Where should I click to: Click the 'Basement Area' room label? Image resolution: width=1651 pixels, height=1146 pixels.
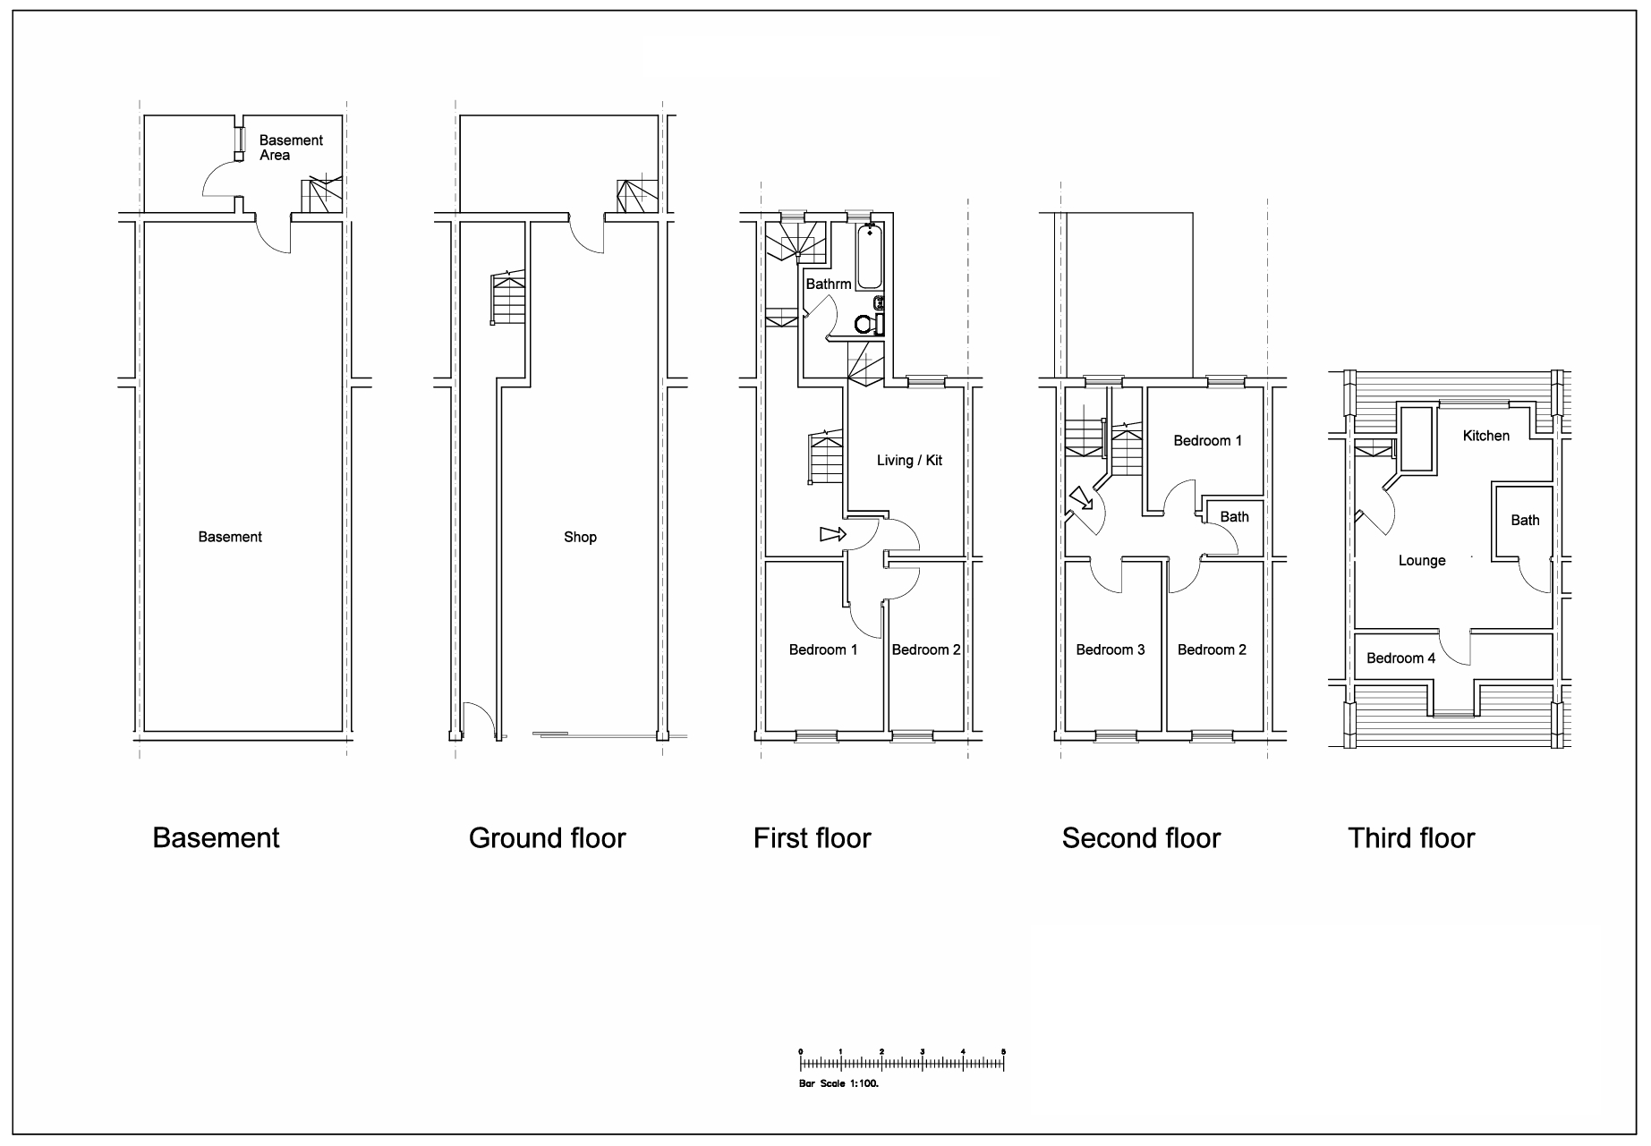point(290,148)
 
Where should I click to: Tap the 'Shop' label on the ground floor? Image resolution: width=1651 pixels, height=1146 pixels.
point(580,538)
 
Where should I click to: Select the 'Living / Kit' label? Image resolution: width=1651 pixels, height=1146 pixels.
point(909,461)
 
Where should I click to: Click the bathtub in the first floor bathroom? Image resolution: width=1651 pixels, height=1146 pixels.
point(868,258)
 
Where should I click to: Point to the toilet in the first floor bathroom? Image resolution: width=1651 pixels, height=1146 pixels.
point(865,324)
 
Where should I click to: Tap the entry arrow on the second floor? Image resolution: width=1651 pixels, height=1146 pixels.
point(1082,497)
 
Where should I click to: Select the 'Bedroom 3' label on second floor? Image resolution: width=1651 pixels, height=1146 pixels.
point(1110,650)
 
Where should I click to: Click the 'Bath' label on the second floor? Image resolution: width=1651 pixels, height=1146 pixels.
point(1234,517)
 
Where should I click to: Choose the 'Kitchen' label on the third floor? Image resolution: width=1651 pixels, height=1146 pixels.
point(1485,437)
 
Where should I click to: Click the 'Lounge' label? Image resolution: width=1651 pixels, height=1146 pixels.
point(1422,561)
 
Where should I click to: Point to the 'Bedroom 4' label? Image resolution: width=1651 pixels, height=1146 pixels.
point(1400,658)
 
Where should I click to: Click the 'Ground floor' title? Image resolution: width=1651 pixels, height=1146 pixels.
point(547,838)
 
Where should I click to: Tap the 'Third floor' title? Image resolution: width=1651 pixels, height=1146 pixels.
point(1410,838)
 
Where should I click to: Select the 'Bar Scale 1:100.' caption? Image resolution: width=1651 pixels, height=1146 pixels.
point(838,1083)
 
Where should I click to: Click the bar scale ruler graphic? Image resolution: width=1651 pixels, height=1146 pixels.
point(901,1062)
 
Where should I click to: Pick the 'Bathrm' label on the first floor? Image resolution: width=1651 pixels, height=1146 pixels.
point(828,284)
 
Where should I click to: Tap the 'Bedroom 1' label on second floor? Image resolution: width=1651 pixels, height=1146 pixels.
point(1207,441)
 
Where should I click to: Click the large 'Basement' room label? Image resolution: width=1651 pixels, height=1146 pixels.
point(230,538)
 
